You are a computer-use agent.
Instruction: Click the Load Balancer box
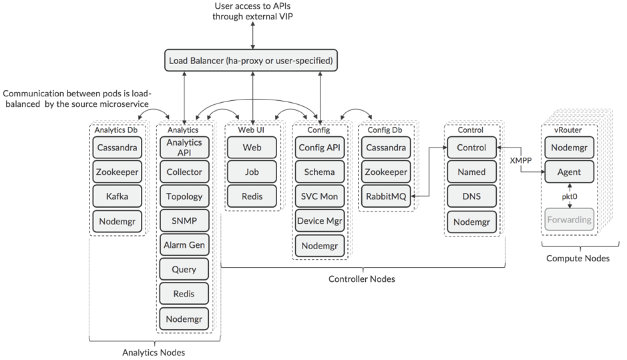coord(251,60)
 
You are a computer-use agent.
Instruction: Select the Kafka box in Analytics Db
coord(117,196)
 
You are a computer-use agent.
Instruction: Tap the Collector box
coord(184,172)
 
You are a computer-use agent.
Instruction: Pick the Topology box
coord(184,196)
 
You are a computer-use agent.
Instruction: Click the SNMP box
coord(184,221)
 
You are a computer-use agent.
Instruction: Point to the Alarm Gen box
coord(184,245)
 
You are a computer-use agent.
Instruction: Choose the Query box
coord(184,269)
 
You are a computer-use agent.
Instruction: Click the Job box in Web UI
coord(252,172)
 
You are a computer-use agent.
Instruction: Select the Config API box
coord(319,148)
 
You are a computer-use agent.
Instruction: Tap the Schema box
coord(319,172)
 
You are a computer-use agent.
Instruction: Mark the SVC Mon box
coord(319,196)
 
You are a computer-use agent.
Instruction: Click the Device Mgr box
coord(319,221)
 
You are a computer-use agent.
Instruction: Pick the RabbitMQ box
coord(386,196)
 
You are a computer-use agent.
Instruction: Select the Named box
coord(472,172)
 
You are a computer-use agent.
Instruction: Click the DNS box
coord(472,196)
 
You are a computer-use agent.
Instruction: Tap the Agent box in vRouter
coord(570,172)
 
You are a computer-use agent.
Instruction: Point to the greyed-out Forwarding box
coord(570,220)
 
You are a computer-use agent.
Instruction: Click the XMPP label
coord(521,160)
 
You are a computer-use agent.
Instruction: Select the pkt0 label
coord(570,196)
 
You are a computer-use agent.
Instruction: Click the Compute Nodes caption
coord(578,258)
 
